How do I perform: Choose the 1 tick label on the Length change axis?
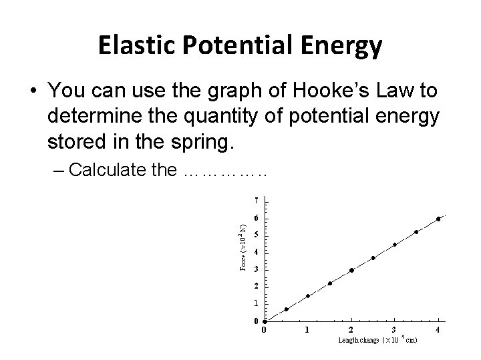click(x=307, y=329)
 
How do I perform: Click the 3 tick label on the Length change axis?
click(x=394, y=329)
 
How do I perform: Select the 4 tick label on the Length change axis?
click(x=438, y=329)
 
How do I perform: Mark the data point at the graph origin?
click(x=265, y=321)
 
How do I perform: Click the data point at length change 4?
click(x=438, y=219)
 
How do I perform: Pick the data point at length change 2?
click(x=351, y=270)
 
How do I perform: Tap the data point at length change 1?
click(x=308, y=296)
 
